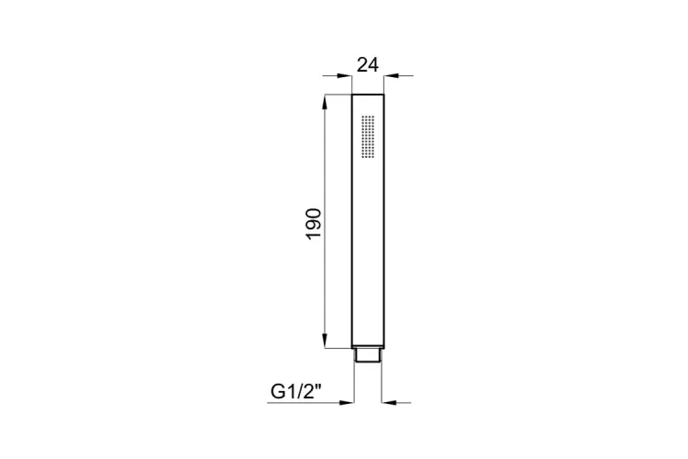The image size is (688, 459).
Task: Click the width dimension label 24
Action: tap(367, 64)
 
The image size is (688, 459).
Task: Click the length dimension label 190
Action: tap(314, 224)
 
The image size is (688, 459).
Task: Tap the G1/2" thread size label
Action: tap(296, 391)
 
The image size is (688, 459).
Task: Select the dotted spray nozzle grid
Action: tap(368, 137)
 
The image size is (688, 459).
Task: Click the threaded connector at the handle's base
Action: tap(368, 355)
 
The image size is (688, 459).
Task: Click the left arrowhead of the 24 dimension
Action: tap(344, 76)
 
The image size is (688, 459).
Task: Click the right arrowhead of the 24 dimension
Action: tap(392, 76)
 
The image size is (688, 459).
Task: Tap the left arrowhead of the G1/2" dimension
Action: tap(347, 402)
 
